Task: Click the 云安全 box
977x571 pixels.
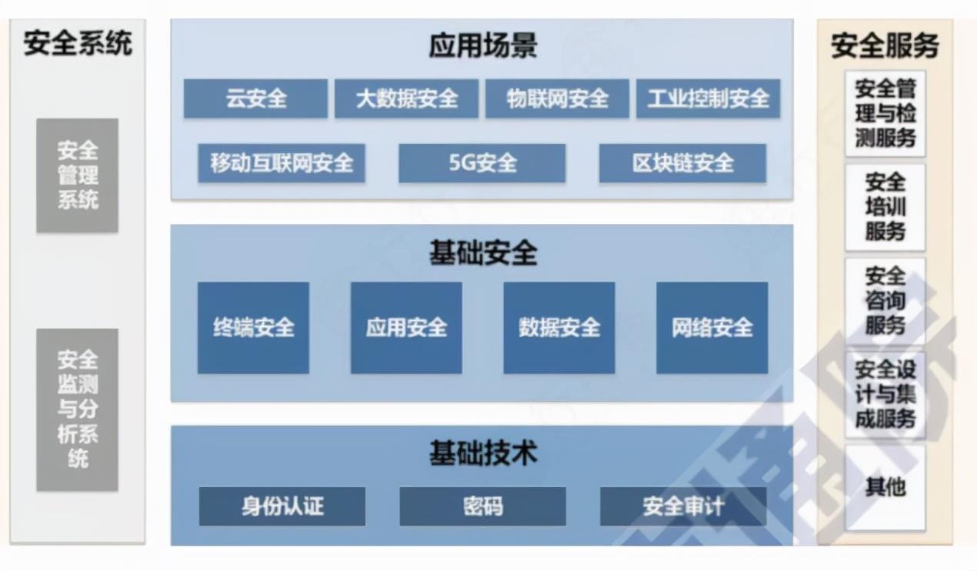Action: point(255,99)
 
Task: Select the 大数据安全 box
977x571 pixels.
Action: point(406,99)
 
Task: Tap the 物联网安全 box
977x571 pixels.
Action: point(557,99)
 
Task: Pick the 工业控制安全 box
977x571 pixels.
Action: point(708,99)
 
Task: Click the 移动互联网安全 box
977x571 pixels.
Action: point(282,163)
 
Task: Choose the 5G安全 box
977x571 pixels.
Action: point(482,163)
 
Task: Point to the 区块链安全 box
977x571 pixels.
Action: point(682,163)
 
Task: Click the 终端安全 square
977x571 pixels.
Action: point(253,328)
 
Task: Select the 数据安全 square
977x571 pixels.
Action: point(559,328)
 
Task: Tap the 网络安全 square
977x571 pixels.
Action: point(712,328)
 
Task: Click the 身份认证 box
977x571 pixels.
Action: point(282,506)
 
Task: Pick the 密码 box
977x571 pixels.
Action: point(482,506)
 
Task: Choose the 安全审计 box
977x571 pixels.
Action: point(683,506)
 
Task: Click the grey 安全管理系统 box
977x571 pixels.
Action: point(78,175)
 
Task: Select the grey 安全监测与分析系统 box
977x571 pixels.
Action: point(78,409)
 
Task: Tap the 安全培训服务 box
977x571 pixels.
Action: point(885,207)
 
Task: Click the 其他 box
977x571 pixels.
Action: point(885,487)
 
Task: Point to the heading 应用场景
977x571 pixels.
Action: point(482,46)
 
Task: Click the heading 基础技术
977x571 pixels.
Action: point(482,454)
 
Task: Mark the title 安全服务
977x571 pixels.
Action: point(885,46)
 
